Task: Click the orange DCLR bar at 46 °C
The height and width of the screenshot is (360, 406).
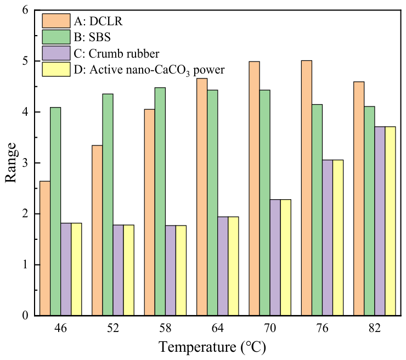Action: tap(45, 249)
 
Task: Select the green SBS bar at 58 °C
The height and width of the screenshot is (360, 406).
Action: tap(160, 201)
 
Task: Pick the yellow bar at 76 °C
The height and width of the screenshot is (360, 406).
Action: tap(338, 238)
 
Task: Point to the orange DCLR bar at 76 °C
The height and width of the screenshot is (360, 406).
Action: tap(307, 188)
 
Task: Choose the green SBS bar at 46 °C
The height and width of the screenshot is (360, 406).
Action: tap(55, 211)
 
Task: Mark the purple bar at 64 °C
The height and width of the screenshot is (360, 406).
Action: tap(223, 266)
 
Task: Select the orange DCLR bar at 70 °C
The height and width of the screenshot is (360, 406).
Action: tap(254, 189)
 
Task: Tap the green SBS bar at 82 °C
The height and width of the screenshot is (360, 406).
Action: tap(369, 211)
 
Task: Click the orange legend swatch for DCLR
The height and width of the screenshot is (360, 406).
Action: tap(56, 21)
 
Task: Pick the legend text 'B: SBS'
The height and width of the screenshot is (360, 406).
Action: tap(92, 37)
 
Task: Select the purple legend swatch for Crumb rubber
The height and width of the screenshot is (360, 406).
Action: tap(56, 53)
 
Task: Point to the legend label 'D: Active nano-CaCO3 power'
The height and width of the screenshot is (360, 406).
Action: tap(149, 70)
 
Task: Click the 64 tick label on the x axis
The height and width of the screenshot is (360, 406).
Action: tap(217, 328)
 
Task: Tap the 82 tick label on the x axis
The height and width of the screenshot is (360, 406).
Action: tap(374, 328)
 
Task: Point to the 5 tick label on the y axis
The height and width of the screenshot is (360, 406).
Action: tap(25, 61)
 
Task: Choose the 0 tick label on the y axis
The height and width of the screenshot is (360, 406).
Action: tap(25, 316)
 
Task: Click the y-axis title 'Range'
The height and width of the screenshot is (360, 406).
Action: tap(11, 162)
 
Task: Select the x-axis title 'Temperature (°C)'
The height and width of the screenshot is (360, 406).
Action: tap(212, 347)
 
